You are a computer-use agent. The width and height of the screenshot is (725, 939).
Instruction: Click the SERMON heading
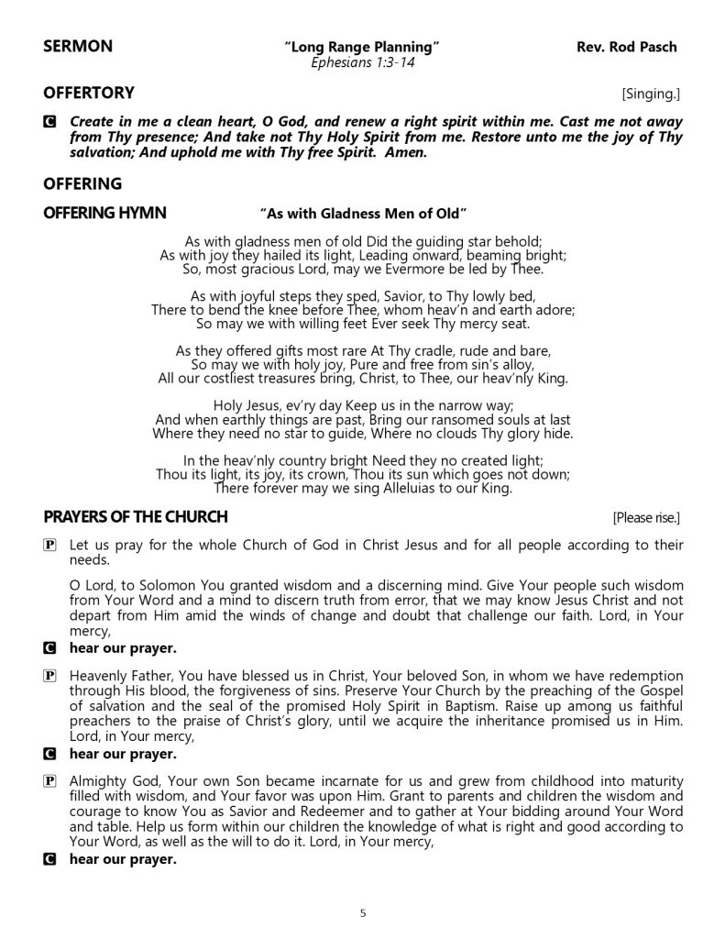78,48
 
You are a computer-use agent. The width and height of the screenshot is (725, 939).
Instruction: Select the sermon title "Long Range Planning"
362,48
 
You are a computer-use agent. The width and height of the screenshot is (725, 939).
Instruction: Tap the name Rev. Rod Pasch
628,48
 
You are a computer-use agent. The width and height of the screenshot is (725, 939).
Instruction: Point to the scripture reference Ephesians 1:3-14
362,63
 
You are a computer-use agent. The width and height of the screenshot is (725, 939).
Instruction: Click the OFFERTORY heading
89,93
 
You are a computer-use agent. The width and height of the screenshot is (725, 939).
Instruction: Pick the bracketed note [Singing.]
651,94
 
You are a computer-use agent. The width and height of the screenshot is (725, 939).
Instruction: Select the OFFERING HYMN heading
104,213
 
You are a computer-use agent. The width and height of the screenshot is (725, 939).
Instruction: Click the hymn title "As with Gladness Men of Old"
363,214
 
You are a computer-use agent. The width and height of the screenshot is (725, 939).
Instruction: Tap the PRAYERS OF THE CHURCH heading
136,517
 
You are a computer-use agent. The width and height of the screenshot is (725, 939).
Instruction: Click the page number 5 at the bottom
363,912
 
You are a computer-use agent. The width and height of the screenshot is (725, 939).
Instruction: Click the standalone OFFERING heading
82,183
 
